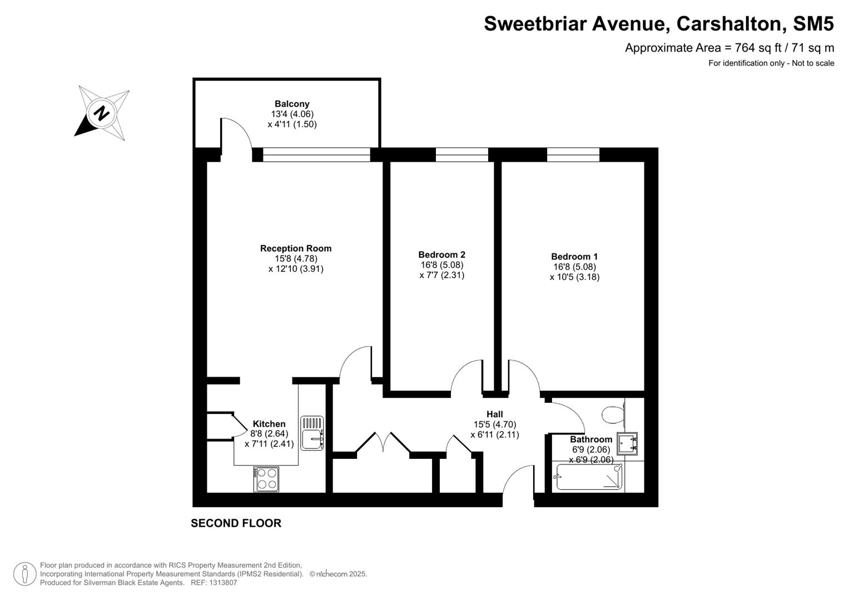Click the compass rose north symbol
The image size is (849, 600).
point(102,113)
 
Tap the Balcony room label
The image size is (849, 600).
point(292,104)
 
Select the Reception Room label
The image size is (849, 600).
point(296,248)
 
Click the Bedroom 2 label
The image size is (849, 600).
point(441,255)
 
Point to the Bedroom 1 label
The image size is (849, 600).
point(574,257)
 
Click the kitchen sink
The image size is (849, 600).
point(312,433)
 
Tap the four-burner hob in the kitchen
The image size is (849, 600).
point(266,479)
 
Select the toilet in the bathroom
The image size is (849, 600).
point(613,414)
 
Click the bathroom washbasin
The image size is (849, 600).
point(627,443)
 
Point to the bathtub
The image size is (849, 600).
point(589,477)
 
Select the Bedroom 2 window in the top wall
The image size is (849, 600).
point(461,155)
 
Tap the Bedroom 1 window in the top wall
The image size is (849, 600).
point(573,155)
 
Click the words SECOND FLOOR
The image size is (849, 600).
point(236,523)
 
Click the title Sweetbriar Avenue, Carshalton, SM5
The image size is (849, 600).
point(658,24)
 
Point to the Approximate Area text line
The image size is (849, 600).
point(729,48)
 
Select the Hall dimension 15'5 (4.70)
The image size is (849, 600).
point(494,424)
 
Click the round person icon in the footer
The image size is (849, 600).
point(24,574)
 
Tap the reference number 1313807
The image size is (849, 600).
point(222,583)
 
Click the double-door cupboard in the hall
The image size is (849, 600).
point(383,444)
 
